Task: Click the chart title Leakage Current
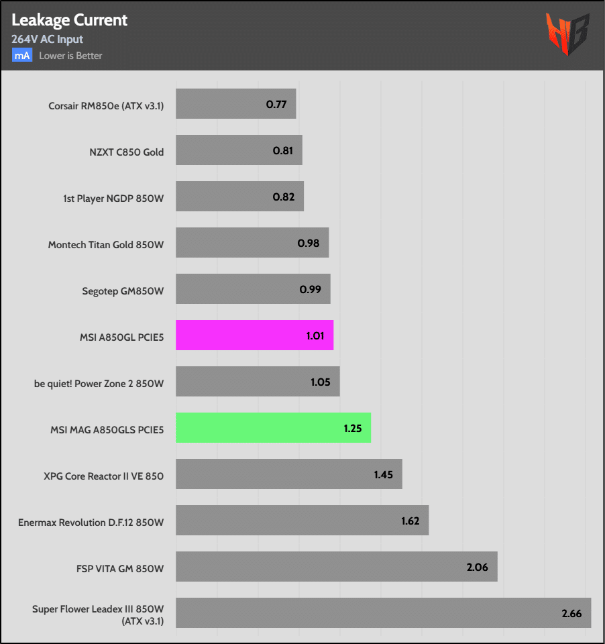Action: click(x=69, y=20)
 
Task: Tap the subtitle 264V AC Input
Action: click(x=47, y=39)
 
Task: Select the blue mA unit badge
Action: click(x=21, y=56)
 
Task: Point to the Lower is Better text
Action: click(x=70, y=56)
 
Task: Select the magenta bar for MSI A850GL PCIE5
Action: click(x=254, y=335)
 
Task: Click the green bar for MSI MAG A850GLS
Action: click(x=273, y=427)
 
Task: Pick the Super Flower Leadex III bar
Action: click(x=383, y=612)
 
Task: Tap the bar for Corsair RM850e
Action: click(x=235, y=104)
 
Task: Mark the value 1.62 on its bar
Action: click(x=411, y=521)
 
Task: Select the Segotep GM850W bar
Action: click(x=253, y=288)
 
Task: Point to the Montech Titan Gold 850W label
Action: click(x=106, y=245)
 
